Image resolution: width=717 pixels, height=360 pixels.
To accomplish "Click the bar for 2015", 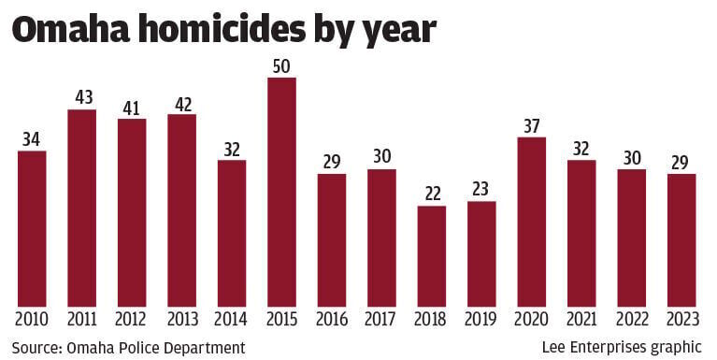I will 281,192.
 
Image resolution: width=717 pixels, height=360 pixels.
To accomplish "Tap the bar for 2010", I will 32,229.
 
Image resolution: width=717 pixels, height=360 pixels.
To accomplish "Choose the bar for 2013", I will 181,210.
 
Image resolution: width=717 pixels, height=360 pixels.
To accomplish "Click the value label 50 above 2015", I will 281,66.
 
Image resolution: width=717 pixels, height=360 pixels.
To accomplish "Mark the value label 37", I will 531,126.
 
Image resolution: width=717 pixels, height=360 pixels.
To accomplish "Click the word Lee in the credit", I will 554,348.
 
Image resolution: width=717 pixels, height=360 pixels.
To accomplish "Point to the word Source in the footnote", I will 36,348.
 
